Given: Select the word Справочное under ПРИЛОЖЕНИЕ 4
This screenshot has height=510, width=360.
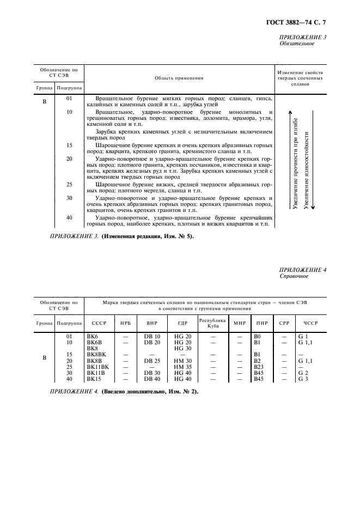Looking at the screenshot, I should (294, 276).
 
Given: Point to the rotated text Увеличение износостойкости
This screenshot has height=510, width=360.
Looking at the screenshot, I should (307, 169).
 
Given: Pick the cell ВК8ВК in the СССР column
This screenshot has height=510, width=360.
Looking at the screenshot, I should (96, 354).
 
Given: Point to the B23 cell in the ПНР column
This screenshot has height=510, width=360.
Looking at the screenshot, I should (259, 367).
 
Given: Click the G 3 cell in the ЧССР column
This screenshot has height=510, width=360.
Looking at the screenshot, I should (303, 379).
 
